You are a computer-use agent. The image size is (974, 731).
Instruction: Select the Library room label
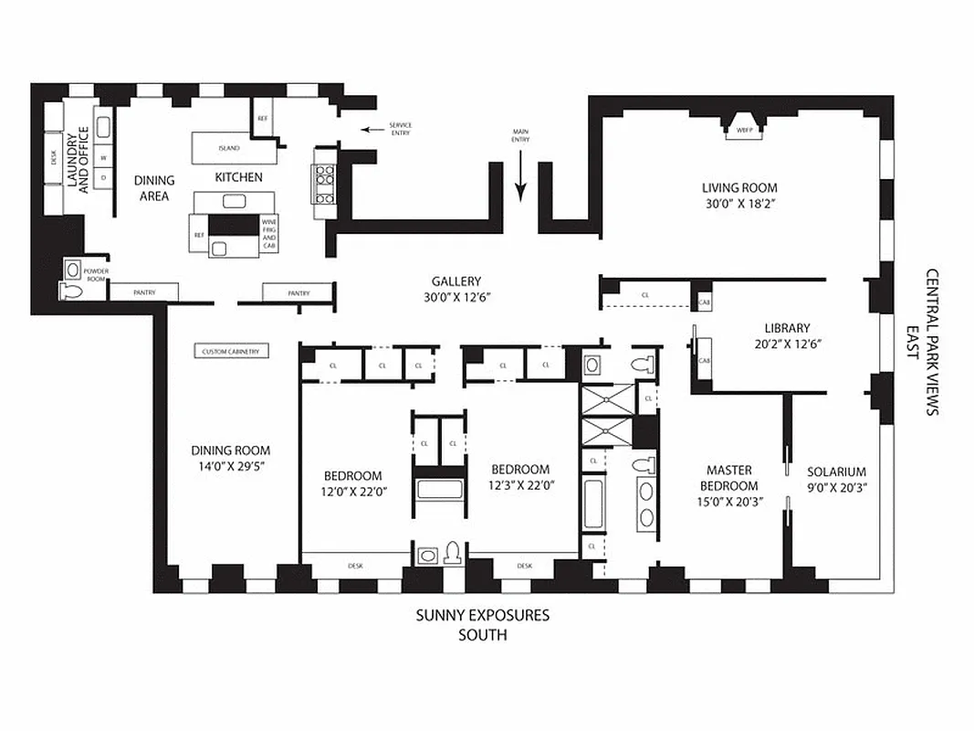[x=787, y=328]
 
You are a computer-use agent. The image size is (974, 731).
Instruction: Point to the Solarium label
[x=836, y=472]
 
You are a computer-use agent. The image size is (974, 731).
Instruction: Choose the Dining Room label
[x=231, y=450]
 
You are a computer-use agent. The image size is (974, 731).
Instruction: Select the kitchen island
[x=228, y=148]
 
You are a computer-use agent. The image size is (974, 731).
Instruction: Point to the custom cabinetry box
[x=231, y=351]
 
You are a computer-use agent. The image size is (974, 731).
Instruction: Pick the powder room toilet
[x=71, y=291]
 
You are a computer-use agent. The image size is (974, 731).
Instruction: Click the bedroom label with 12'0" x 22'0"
[x=352, y=476]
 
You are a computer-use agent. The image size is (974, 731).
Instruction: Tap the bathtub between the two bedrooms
[x=440, y=488]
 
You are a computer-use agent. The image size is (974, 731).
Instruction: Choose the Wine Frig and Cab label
[x=268, y=234]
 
